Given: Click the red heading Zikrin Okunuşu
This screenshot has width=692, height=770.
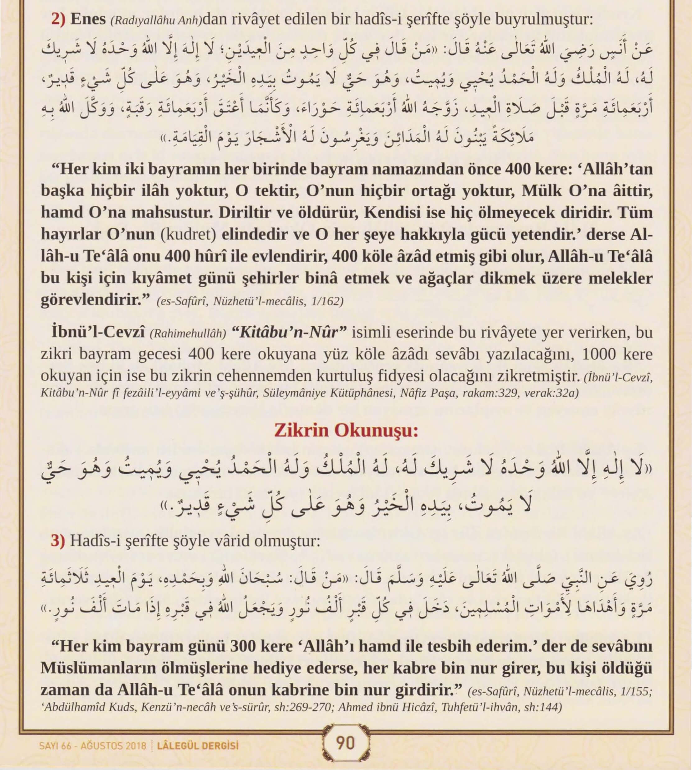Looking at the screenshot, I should point(346,431).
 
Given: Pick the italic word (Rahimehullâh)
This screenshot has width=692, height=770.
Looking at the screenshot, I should point(188,334).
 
